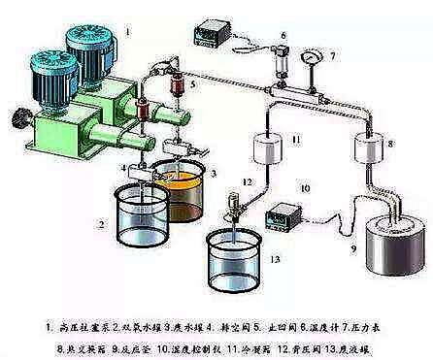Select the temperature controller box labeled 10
pyautogui.click(x=290, y=212)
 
